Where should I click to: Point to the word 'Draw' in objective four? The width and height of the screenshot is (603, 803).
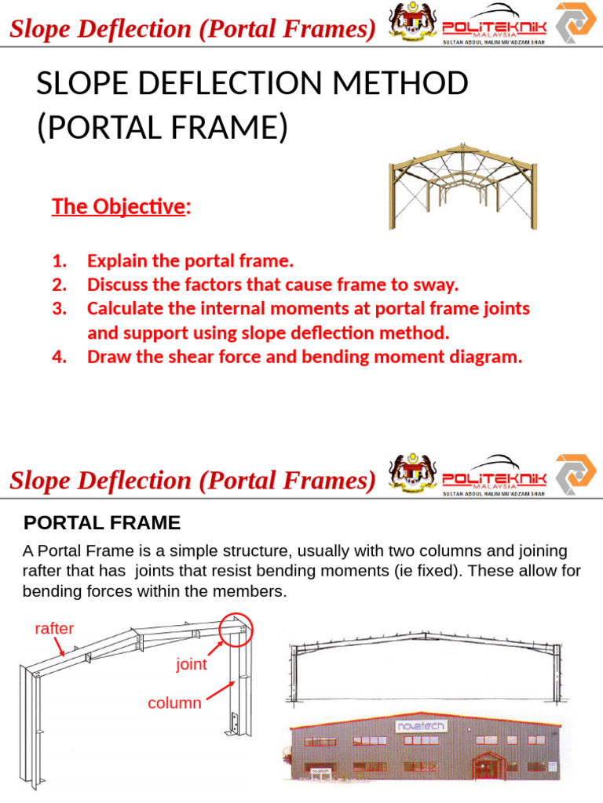point(109,358)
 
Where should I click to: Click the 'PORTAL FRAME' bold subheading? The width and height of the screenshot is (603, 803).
point(103,522)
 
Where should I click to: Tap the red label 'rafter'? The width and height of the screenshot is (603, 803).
point(54,628)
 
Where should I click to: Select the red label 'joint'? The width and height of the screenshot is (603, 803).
point(192,664)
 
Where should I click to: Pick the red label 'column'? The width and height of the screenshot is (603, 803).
point(174,703)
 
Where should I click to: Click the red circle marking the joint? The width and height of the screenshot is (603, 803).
point(237,629)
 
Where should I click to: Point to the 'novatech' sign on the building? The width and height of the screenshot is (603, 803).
point(421,726)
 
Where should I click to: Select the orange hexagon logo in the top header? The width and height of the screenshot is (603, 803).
point(576,22)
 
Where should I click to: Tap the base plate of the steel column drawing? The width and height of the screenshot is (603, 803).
point(233,726)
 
